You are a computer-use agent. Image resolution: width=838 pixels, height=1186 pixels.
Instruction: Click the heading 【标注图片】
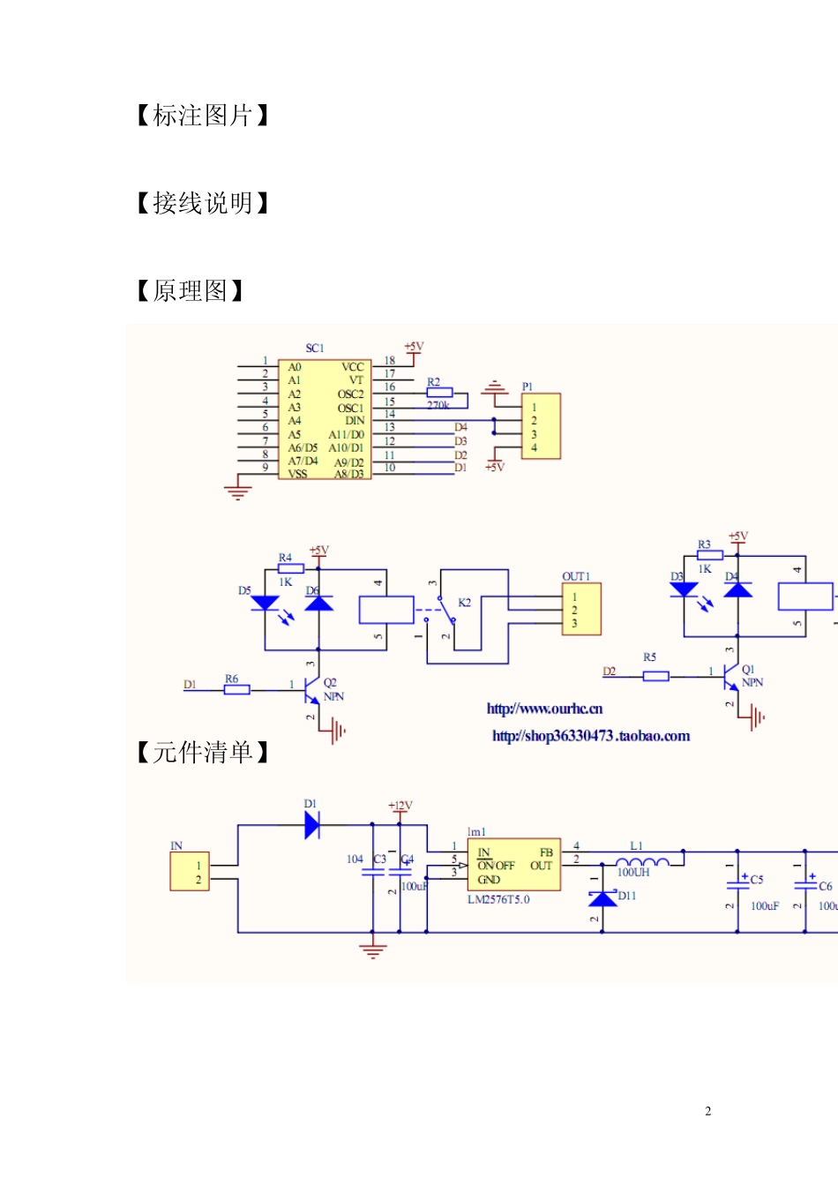pos(203,116)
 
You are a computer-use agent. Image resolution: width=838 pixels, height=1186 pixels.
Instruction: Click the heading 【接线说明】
pos(203,203)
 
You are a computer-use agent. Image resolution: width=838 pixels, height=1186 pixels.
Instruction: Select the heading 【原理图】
pos(191,290)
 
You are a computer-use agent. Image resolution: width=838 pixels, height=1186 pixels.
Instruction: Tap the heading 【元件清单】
pos(203,752)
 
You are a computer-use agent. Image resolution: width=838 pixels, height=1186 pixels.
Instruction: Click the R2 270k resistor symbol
pos(439,394)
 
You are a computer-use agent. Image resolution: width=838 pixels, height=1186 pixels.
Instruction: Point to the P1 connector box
pos(541,427)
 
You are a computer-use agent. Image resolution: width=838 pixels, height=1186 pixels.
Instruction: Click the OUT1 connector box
pos(581,610)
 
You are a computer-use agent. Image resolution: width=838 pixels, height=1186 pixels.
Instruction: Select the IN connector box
pos(190,872)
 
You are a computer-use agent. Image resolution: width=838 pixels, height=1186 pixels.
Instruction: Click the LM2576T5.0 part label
pos(498,900)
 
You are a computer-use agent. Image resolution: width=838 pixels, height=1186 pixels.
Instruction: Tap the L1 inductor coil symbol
pos(641,861)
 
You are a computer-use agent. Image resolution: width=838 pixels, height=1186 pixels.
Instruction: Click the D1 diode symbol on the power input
pos(311,825)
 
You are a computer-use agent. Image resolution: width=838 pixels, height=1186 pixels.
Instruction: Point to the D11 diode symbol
pos(602,898)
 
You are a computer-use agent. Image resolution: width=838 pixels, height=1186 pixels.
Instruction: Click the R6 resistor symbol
pos(236,689)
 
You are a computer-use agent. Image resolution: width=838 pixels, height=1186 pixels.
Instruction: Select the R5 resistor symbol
pos(655,676)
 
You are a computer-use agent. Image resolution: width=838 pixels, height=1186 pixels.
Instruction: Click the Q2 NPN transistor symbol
pos(311,689)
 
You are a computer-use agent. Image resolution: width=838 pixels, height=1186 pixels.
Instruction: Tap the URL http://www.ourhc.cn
pos(544,709)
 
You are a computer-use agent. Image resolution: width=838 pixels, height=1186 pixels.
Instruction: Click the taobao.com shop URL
pos(591,736)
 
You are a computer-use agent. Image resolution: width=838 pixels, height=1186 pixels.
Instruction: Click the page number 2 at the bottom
pos(707,1111)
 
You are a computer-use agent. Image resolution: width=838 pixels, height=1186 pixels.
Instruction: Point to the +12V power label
pos(400,806)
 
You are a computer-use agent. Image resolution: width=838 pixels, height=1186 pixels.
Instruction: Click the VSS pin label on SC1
pos(298,474)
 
